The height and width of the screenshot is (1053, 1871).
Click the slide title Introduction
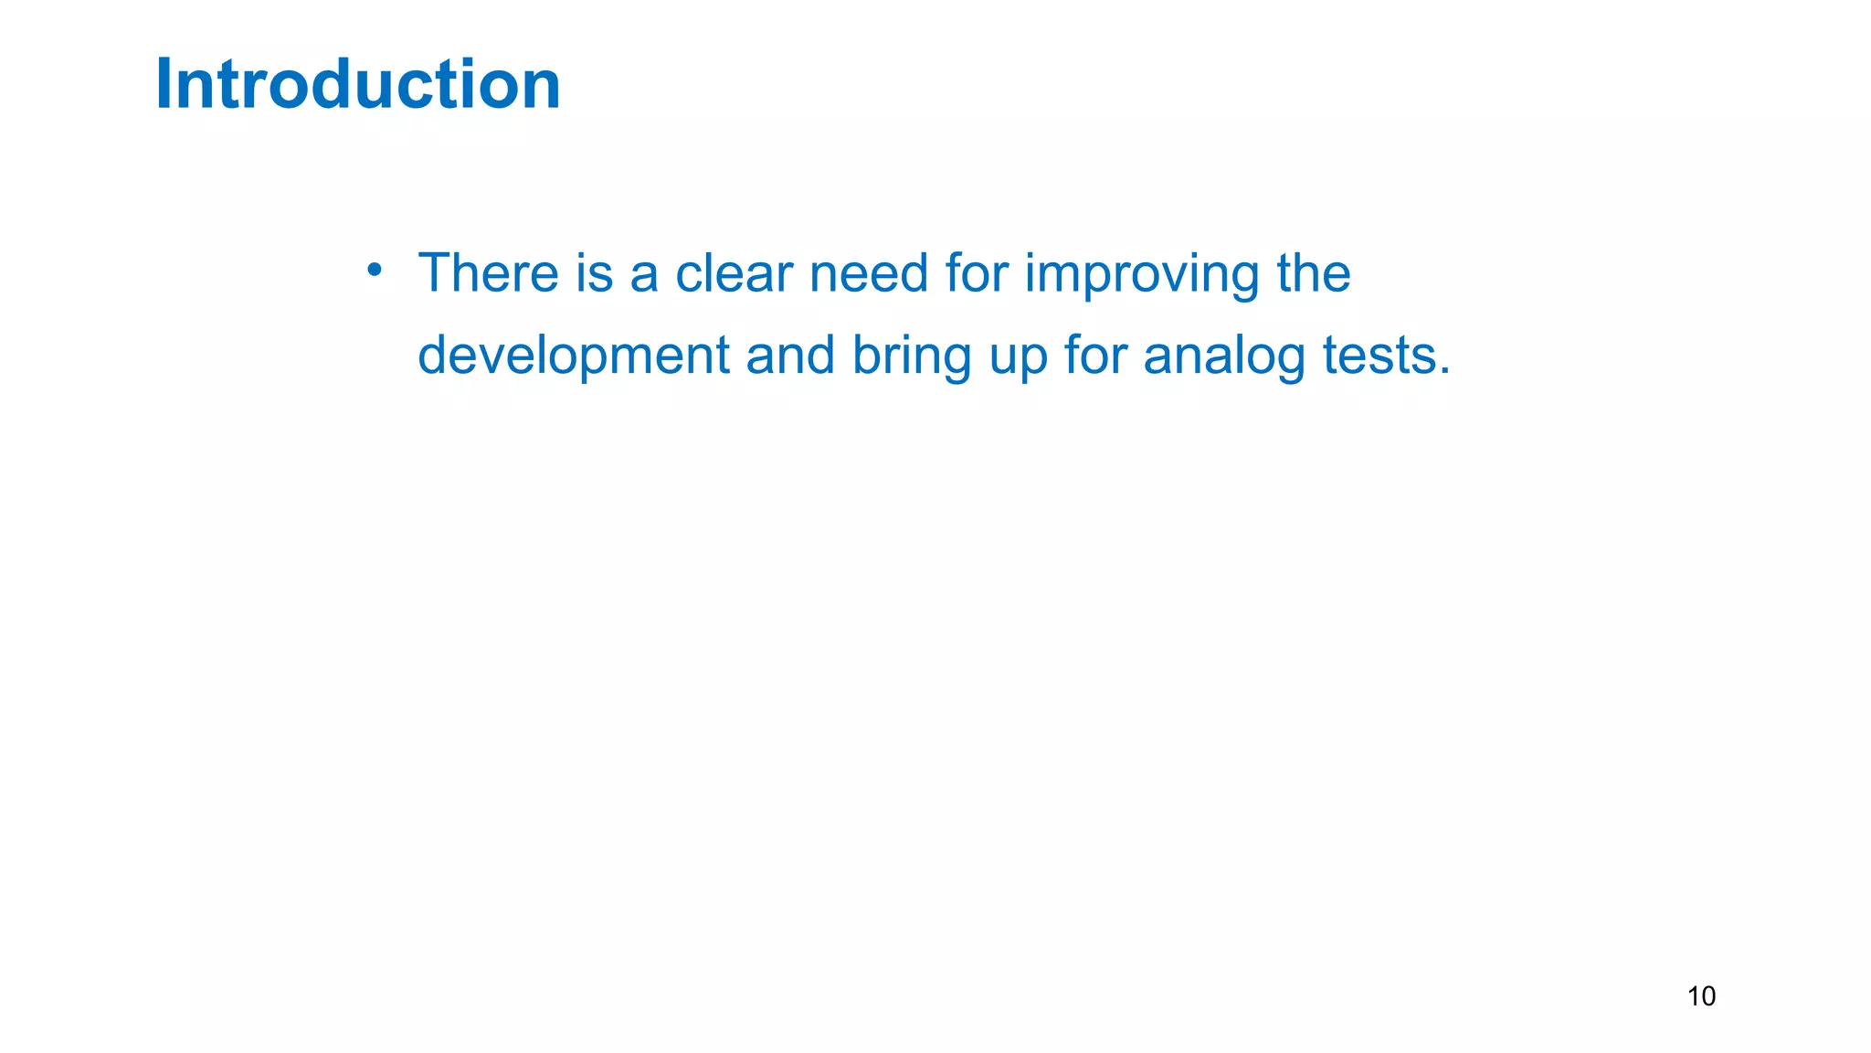pyautogui.click(x=358, y=84)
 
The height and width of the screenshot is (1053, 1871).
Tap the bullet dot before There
pyautogui.click(x=374, y=269)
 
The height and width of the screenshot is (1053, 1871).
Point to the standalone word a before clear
pyautogui.click(x=644, y=274)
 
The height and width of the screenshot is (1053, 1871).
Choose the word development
pyautogui.click(x=573, y=356)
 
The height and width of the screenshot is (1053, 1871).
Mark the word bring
pyautogui.click(x=911, y=356)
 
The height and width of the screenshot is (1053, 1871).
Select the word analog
pyautogui.click(x=1224, y=356)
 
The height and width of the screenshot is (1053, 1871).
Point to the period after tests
pyautogui.click(x=1444, y=371)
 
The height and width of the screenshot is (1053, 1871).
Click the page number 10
pyautogui.click(x=1701, y=995)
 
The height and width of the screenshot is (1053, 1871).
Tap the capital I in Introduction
pyautogui.click(x=164, y=84)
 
